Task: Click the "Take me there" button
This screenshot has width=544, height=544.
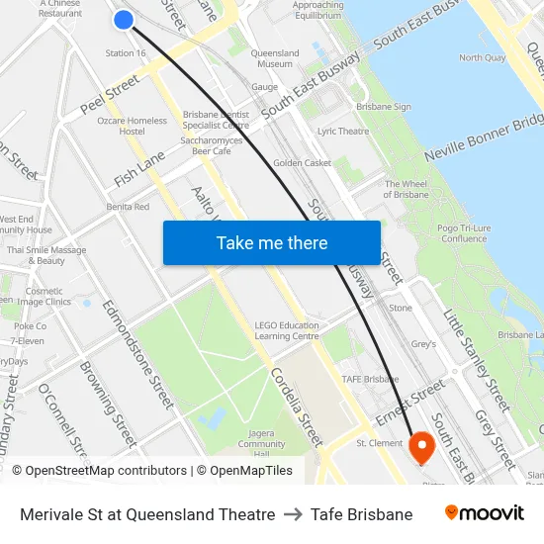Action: (x=272, y=242)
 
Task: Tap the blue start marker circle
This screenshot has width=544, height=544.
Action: (x=124, y=19)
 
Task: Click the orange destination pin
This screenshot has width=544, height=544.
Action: (x=422, y=447)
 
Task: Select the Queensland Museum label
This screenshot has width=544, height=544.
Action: (x=275, y=58)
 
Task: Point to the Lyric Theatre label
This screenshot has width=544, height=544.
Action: (x=343, y=131)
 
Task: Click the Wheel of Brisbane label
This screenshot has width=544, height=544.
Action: (x=407, y=189)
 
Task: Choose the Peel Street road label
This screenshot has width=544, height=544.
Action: (x=110, y=87)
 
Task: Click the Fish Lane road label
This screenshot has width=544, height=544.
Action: (x=139, y=169)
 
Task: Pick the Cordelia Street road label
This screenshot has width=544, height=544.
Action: (x=298, y=407)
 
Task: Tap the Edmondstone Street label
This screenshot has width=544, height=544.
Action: (x=139, y=353)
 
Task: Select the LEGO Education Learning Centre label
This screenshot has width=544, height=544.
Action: (x=287, y=330)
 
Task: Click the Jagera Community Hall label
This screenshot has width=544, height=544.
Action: (x=261, y=443)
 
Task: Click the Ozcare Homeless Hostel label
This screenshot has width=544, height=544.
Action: (x=132, y=126)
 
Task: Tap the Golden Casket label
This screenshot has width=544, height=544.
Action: (x=302, y=163)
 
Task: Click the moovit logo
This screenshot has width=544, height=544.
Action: (x=484, y=513)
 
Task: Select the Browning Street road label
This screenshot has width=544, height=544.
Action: (x=108, y=403)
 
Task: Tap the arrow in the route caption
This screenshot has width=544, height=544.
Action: (x=293, y=514)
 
